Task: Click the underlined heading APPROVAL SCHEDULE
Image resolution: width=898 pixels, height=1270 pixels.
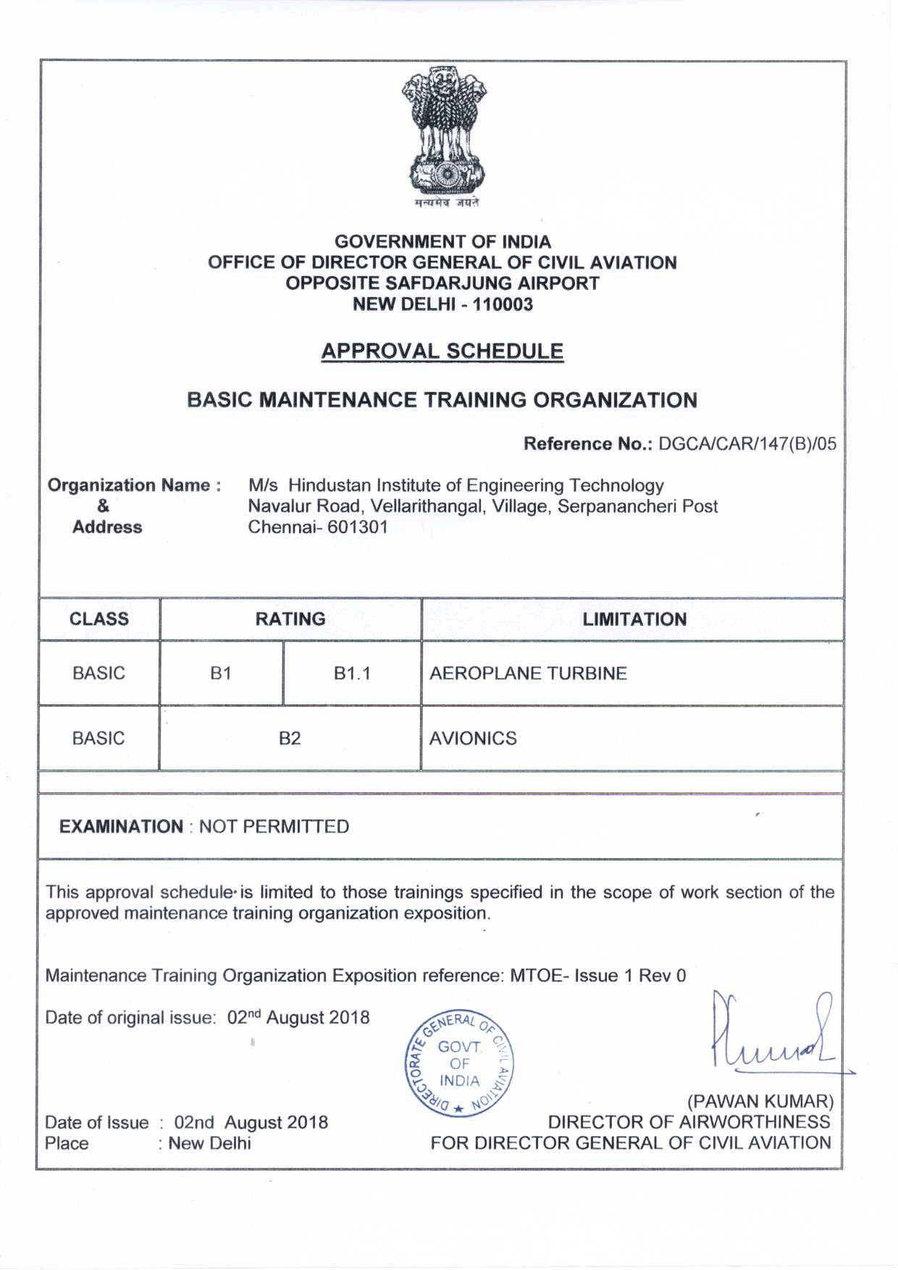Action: [x=442, y=351]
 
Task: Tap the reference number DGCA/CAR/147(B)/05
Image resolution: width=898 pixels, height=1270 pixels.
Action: [x=747, y=444]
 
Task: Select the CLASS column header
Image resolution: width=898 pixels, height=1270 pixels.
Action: [x=99, y=619]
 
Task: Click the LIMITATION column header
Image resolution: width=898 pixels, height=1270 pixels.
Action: [x=634, y=619]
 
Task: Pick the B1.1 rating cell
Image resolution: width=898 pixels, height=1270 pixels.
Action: [x=352, y=674]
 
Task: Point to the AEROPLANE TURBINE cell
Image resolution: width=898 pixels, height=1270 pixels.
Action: [x=528, y=674]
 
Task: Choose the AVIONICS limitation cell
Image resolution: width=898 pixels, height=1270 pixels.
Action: [x=473, y=738]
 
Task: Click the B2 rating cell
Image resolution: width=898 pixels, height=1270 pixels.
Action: [x=290, y=738]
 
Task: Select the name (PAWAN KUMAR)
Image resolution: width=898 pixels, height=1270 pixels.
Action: [x=760, y=1102]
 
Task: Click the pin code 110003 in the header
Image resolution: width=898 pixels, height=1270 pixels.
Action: [x=503, y=304]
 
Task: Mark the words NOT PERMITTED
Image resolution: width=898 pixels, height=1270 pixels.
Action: [x=274, y=827]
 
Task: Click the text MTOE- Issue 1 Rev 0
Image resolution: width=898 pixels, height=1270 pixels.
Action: [x=597, y=975]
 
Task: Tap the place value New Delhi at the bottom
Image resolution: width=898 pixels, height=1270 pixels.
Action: [x=209, y=1143]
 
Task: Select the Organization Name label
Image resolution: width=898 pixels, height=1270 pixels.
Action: [x=134, y=485]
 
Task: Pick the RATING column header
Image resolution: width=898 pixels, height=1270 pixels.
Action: [x=290, y=619]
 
